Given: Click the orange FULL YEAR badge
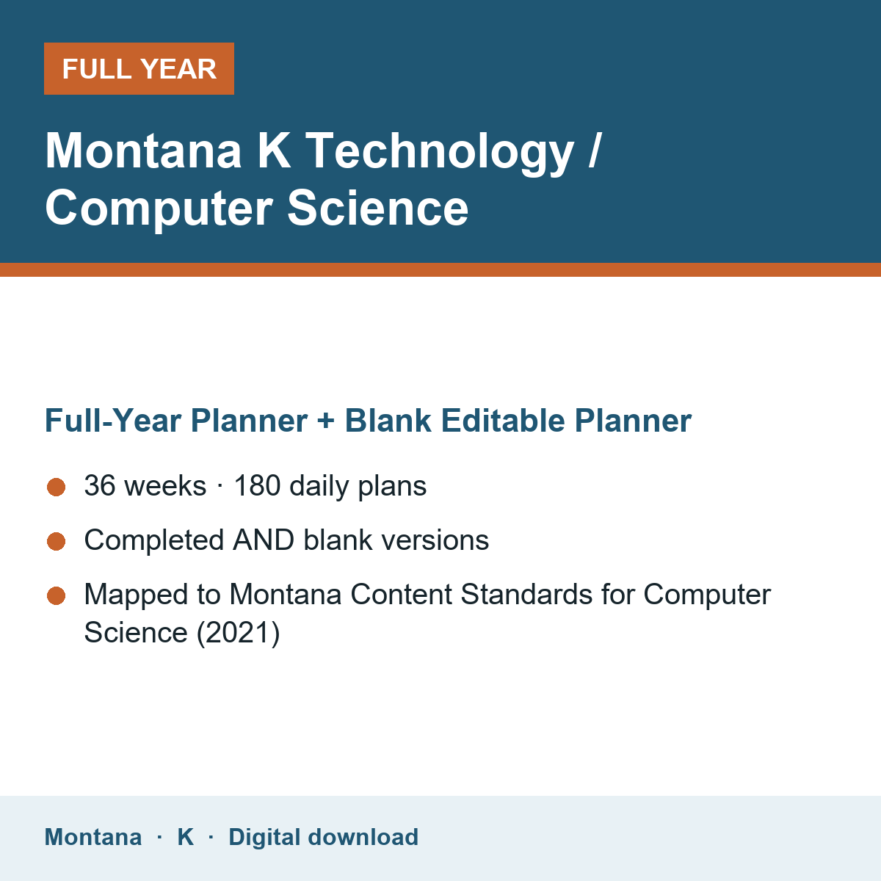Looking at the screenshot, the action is point(139,68).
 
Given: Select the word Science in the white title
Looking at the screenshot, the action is point(377,208).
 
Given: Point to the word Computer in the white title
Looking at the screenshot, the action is point(159,209).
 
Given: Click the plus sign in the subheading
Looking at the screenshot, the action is point(325,421).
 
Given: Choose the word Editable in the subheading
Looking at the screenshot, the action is point(502,420).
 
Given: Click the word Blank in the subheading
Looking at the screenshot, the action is point(388,420).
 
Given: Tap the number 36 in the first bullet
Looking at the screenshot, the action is point(100,485).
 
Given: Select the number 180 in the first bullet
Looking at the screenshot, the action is point(257,485).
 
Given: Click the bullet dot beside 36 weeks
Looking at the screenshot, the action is point(57,487).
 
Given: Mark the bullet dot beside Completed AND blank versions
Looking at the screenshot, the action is point(57,541).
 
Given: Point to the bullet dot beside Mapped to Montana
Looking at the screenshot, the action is point(57,595).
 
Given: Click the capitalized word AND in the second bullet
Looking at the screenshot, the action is point(264,540).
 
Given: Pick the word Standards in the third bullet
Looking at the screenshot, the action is point(526,595).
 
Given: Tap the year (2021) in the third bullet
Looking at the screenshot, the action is point(238,633).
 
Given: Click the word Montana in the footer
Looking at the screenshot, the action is point(93,837).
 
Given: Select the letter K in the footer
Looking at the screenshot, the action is point(185,837).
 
